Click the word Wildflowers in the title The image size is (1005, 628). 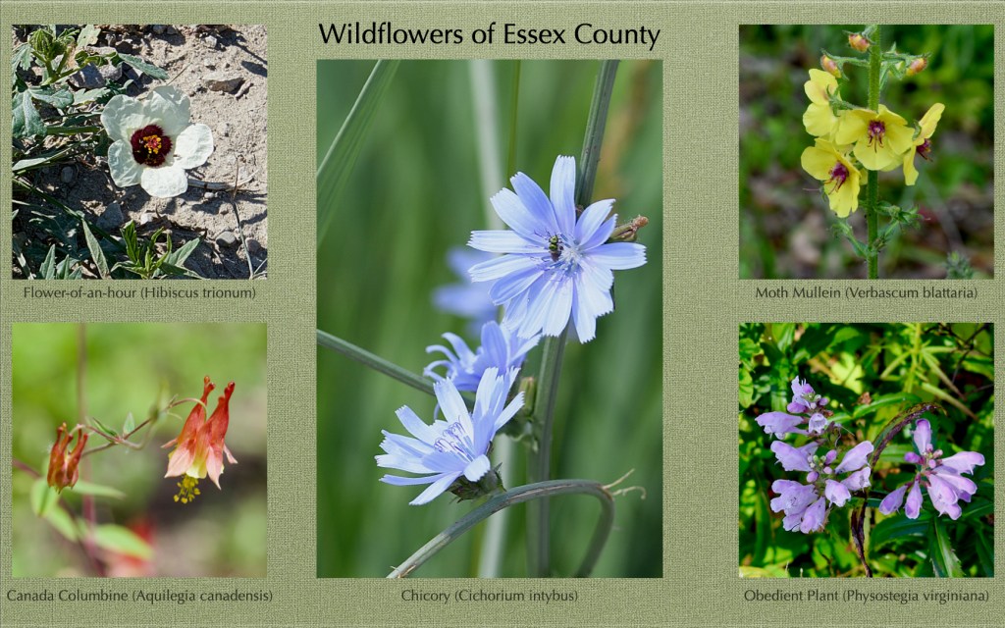392,34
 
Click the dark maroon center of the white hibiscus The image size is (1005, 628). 151,145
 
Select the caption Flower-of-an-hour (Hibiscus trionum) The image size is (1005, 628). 139,292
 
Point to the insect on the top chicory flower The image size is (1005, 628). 555,246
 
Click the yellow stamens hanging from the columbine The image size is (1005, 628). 186,489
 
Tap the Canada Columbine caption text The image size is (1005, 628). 139,596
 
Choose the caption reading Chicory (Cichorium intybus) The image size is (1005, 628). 490,596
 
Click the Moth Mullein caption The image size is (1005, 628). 866,292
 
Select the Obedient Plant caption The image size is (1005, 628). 866,596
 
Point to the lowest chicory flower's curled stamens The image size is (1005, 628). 453,440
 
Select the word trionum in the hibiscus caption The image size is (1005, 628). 230,292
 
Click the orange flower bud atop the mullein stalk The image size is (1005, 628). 858,42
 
